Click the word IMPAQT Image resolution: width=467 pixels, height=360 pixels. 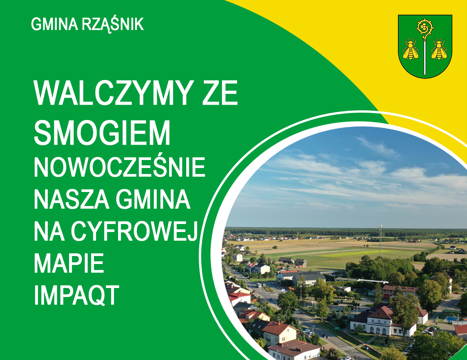click(x=76, y=295)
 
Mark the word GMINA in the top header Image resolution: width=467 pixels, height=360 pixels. click(x=55, y=24)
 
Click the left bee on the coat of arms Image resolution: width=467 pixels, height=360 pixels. click(x=411, y=49)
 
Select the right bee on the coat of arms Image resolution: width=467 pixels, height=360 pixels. click(x=439, y=49)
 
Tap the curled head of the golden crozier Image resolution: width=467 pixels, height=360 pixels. click(x=425, y=27)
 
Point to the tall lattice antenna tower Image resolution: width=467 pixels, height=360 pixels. click(x=380, y=240)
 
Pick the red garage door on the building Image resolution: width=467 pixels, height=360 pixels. click(x=386, y=297)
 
